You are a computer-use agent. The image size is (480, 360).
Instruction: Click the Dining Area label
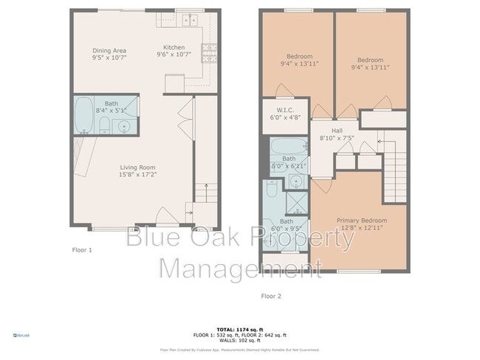coord(109,51)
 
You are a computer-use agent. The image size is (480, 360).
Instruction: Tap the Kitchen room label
coord(174,51)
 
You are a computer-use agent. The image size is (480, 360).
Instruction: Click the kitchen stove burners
coord(209,52)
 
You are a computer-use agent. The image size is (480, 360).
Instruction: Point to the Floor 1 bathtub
coord(85,114)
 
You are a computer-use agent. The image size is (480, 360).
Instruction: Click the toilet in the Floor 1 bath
coord(104,125)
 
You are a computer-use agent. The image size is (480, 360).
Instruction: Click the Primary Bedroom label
coord(361,221)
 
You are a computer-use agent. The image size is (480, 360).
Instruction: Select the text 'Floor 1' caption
coord(80,250)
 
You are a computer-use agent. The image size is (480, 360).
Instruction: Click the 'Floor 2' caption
coord(270,296)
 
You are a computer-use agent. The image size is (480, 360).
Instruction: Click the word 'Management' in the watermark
coord(230,267)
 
